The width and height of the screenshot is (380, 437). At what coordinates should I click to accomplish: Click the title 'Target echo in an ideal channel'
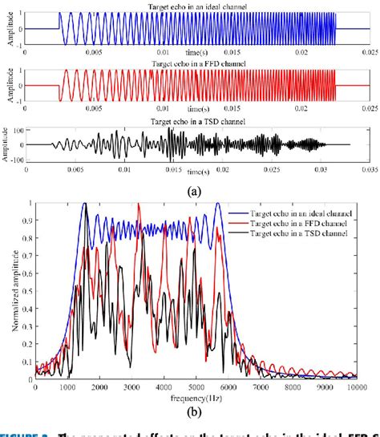tap(196, 6)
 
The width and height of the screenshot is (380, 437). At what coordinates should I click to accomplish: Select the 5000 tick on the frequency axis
tap(197, 387)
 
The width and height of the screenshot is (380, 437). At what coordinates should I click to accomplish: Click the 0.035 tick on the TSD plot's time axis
tap(368, 170)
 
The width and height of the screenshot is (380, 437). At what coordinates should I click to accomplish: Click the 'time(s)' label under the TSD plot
tap(196, 172)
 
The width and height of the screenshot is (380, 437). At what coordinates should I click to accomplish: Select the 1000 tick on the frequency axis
tap(68, 387)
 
